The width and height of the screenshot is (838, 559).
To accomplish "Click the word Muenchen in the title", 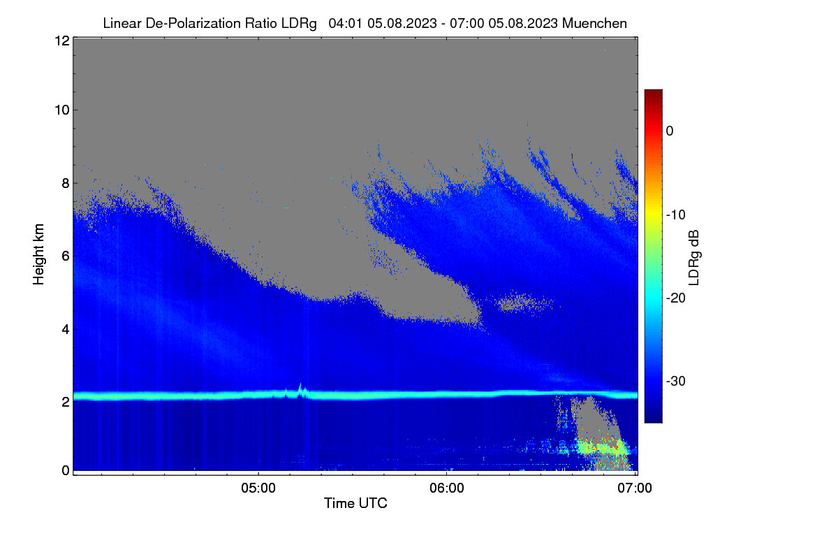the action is click(594, 24).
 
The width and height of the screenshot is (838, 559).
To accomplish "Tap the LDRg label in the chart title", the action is click(299, 24).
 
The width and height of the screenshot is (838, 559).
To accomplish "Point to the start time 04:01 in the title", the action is click(345, 24).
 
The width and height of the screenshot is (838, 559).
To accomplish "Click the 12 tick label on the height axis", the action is click(62, 41).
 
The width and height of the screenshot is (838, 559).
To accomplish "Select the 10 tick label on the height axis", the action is click(62, 110).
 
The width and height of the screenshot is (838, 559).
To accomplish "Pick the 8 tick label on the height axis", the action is click(66, 184).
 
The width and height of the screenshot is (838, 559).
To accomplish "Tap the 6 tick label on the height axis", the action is click(66, 256).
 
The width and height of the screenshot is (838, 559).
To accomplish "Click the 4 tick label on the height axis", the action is click(66, 330).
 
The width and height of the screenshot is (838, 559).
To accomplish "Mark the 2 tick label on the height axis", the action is click(66, 402).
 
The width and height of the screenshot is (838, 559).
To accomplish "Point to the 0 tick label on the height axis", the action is click(66, 471).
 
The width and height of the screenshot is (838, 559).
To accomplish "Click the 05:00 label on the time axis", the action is click(258, 488).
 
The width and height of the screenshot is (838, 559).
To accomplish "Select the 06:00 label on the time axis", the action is click(447, 488).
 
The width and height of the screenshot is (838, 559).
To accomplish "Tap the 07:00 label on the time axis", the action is click(635, 488).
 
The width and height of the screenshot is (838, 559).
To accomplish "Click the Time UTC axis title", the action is click(355, 503).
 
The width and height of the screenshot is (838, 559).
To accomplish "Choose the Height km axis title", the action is click(38, 254).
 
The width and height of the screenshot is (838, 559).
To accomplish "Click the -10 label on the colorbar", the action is click(676, 215).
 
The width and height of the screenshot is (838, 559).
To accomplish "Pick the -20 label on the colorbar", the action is click(676, 298).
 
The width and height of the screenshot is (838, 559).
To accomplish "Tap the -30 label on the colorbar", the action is click(676, 381).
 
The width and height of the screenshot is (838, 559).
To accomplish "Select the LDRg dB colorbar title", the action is click(694, 258).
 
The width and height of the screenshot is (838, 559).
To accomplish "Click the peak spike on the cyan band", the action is click(300, 384).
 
